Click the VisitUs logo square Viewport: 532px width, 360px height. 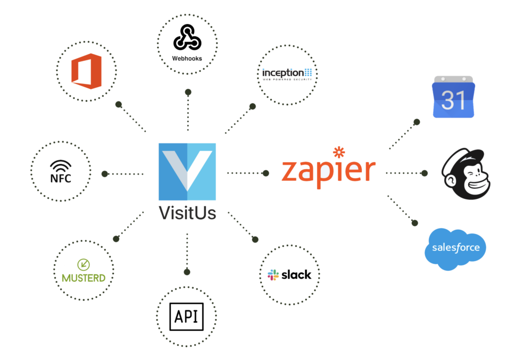click(x=187, y=171)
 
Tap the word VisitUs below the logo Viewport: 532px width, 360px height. click(x=187, y=213)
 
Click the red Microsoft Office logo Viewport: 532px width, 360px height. click(x=86, y=71)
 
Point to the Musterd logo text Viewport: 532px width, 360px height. click(x=84, y=278)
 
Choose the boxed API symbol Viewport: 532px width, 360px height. click(x=186, y=317)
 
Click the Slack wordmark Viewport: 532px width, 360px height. click(x=296, y=275)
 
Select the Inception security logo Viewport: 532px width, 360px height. click(x=287, y=73)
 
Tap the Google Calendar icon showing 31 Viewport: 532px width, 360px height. click(x=453, y=97)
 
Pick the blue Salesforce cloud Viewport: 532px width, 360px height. click(x=455, y=248)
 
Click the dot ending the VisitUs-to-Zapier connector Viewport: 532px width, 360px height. click(x=265, y=173)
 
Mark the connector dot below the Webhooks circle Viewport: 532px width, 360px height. click(x=188, y=92)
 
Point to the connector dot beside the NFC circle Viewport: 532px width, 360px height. click(x=105, y=173)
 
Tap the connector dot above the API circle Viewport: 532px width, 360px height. click(x=187, y=272)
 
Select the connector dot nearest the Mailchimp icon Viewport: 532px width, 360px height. click(x=425, y=173)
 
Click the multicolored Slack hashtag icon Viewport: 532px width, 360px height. click(x=273, y=275)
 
